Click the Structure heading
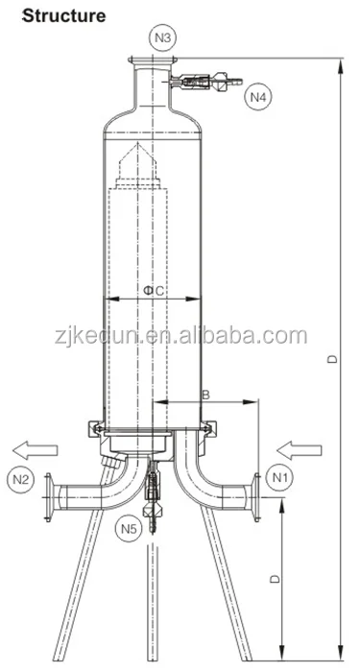[x=63, y=15]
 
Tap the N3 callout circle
[x=163, y=37]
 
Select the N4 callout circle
[x=258, y=97]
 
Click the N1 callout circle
[x=279, y=477]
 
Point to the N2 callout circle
[x=20, y=479]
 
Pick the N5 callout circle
[x=129, y=529]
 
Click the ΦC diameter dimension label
[x=154, y=291]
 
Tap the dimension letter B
[x=206, y=395]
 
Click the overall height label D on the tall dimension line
[x=332, y=359]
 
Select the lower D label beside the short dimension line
[x=275, y=579]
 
